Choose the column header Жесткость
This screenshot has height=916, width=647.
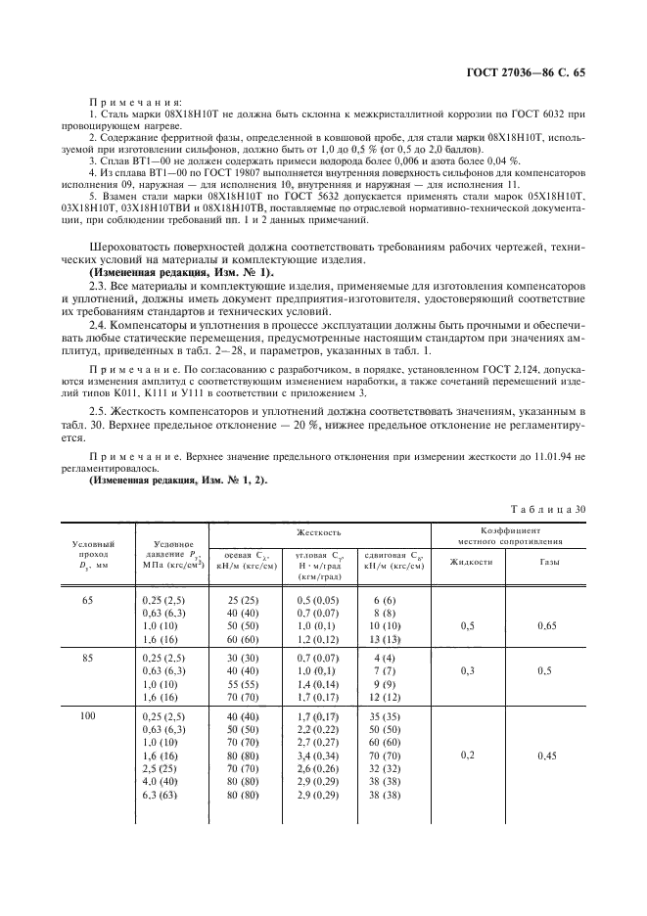319,532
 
